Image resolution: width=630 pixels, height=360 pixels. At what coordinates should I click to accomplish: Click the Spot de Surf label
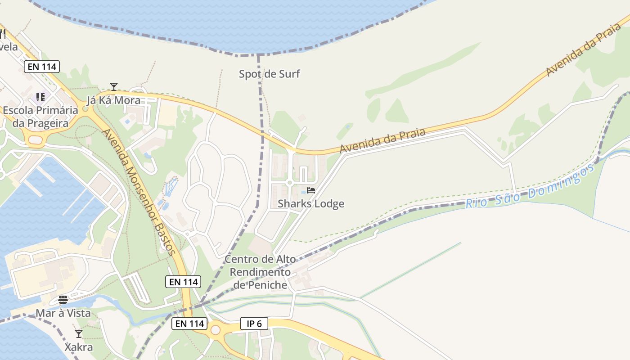pos(269,74)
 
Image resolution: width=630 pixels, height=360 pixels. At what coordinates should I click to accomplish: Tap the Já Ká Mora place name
pos(113,100)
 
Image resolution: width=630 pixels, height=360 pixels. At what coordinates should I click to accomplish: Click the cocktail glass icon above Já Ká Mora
pos(113,86)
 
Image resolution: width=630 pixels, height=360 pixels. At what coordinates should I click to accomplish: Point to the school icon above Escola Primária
pos(40,97)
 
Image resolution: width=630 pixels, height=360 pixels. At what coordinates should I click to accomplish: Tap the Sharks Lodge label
pos(310,203)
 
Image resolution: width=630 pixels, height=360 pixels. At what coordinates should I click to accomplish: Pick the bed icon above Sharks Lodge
pos(311,190)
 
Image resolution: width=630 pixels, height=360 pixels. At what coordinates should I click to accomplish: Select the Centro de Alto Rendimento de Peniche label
pos(260,272)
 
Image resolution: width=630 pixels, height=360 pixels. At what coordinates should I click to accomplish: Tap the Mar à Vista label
pos(63,313)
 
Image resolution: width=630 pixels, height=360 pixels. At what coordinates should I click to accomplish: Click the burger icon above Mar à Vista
pos(63,300)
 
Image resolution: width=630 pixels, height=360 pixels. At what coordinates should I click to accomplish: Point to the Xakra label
pos(79,347)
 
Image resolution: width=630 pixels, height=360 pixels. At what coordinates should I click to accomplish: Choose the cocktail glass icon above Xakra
pos(79,334)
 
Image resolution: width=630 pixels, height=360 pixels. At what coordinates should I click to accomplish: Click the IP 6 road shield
pos(254,324)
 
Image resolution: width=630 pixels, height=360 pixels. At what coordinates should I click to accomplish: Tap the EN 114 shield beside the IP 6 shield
pos(189,324)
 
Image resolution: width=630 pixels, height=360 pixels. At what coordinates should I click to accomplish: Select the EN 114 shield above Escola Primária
pos(42,67)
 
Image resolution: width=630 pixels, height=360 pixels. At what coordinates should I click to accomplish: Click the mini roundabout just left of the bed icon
pos(290,182)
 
